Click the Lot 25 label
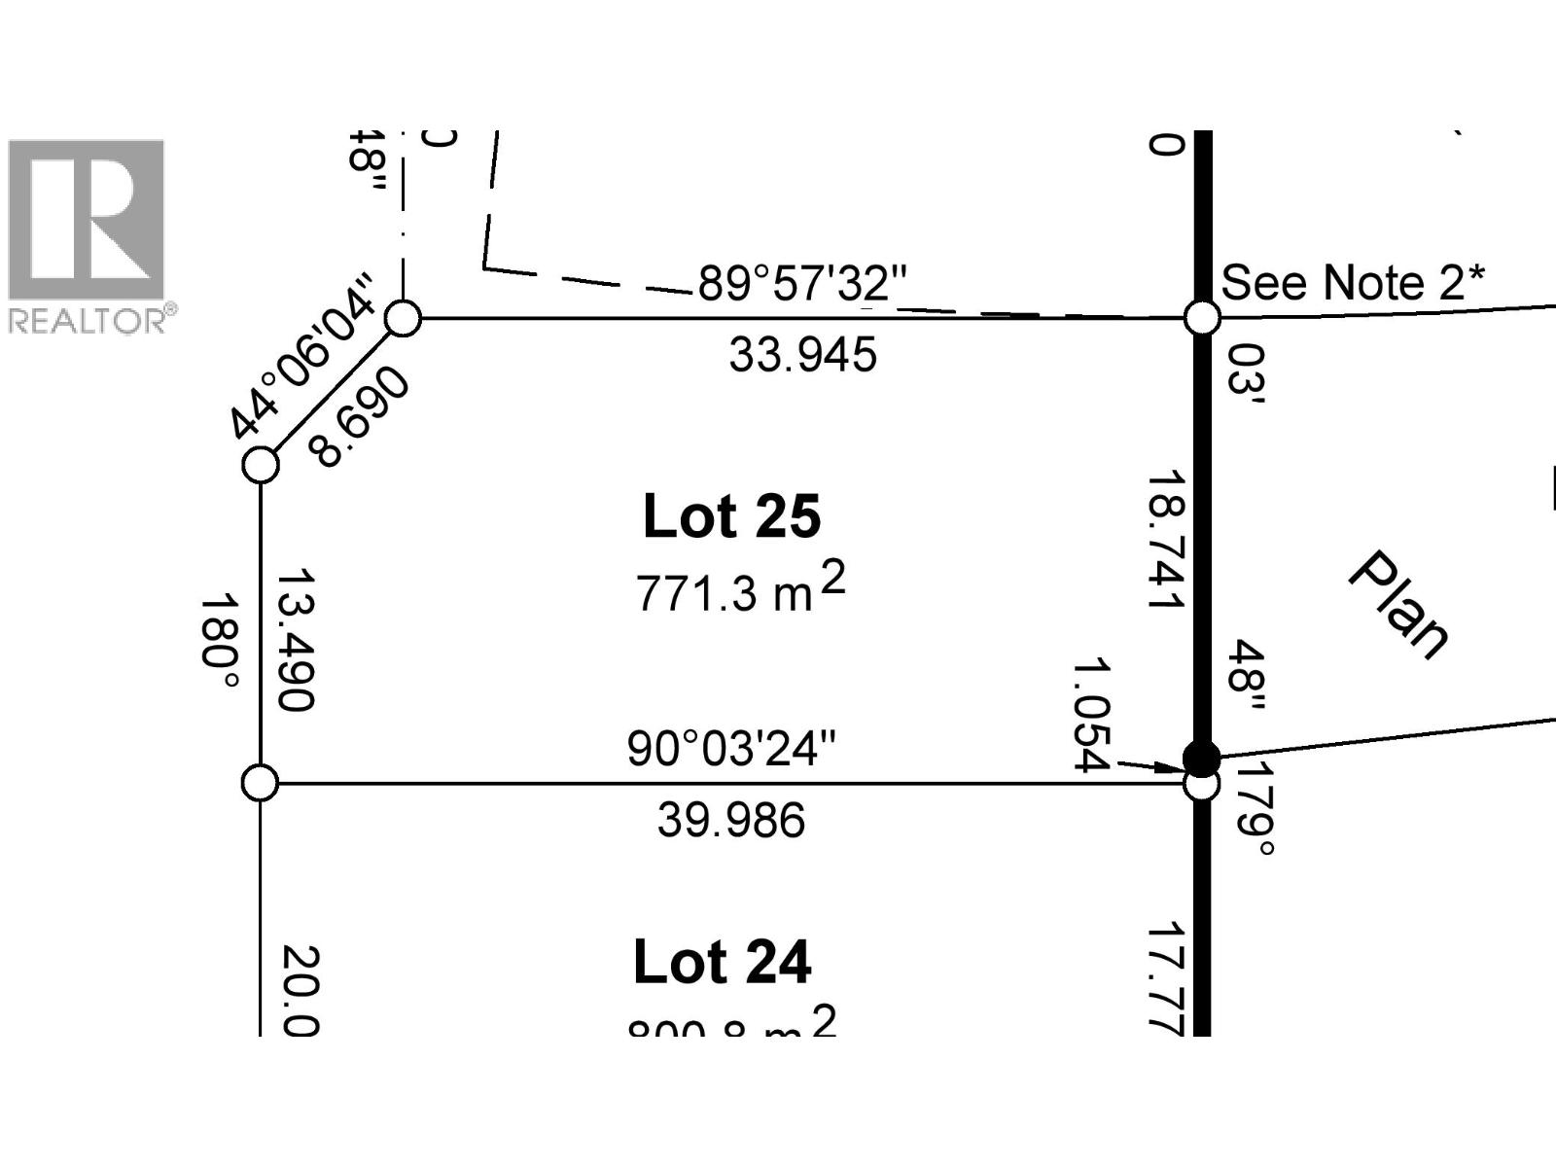click(731, 516)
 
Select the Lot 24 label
click(722, 963)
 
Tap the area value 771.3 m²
click(740, 589)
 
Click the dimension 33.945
click(802, 355)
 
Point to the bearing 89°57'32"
click(801, 284)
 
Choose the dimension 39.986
click(731, 821)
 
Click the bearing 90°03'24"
click(731, 750)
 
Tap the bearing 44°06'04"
click(301, 357)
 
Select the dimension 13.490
click(295, 640)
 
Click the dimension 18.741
click(1165, 541)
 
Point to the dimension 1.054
click(1090, 715)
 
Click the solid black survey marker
click(1201, 757)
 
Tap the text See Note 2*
click(1353, 283)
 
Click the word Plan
click(1398, 605)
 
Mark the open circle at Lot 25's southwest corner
click(260, 783)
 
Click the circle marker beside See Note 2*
click(1202, 318)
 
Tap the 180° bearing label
click(219, 642)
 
